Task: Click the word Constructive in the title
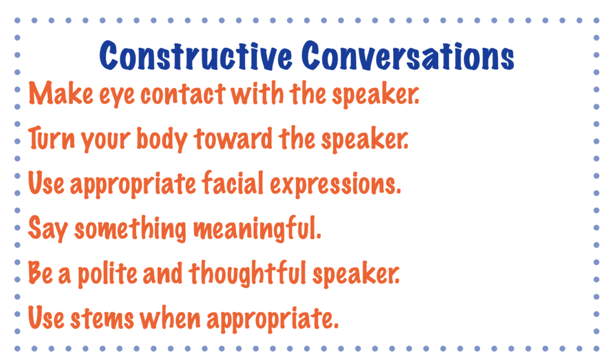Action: [195, 56]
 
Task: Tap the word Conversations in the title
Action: [408, 56]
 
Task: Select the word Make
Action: [61, 93]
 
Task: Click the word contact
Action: [183, 94]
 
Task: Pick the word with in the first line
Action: [257, 93]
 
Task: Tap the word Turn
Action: [51, 139]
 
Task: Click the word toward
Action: [233, 139]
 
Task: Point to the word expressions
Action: [335, 185]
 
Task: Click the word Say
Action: [48, 229]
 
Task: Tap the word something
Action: [130, 230]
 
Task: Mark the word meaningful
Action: [257, 230]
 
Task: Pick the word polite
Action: [108, 274]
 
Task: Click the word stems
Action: [102, 319]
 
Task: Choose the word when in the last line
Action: [170, 318]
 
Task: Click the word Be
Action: [40, 273]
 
